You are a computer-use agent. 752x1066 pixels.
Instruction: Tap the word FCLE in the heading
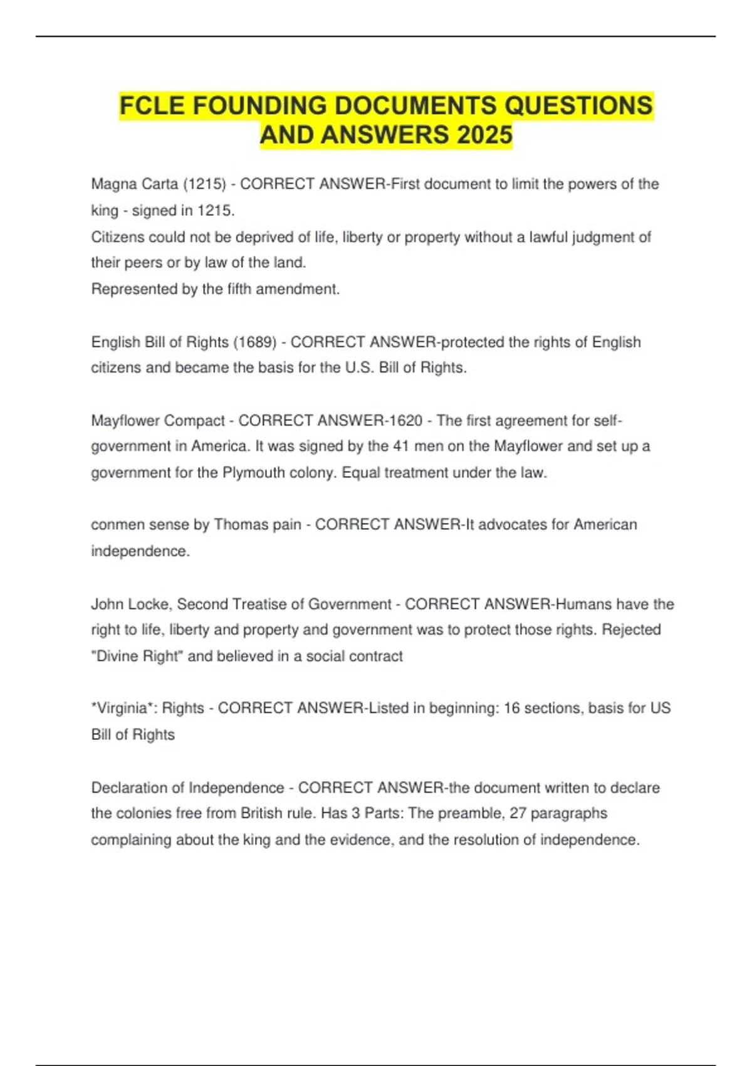(x=152, y=105)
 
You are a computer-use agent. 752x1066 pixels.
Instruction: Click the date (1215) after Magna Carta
(x=204, y=184)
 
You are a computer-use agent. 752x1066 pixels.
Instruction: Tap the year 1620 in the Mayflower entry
(x=405, y=421)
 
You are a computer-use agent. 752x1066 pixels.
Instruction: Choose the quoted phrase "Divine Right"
(x=137, y=657)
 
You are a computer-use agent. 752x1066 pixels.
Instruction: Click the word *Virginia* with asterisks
(x=123, y=709)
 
